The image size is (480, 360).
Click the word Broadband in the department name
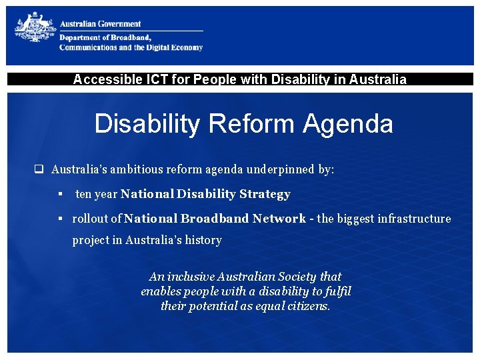131,38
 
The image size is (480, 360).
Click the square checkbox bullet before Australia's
39,169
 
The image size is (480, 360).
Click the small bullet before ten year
59,194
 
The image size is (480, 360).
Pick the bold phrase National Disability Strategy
205,194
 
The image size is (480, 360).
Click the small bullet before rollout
59,218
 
